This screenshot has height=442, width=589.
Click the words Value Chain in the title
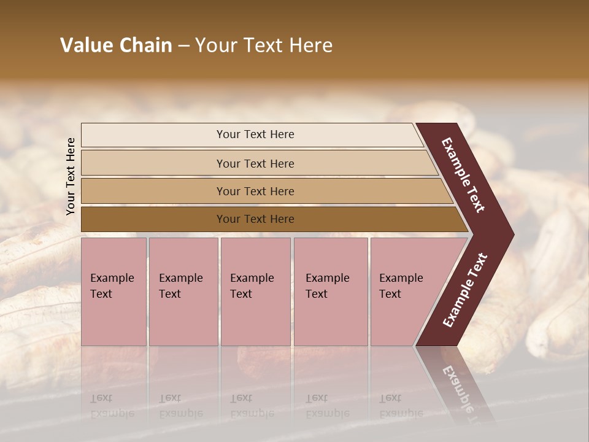point(116,45)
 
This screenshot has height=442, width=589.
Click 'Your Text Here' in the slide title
point(264,45)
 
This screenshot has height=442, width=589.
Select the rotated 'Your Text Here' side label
point(71,176)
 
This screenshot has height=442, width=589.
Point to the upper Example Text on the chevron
point(463,175)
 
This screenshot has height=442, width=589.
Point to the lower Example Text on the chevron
point(464,290)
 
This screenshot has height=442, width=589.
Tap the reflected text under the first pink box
point(112,406)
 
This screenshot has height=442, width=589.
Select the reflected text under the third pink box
point(252,406)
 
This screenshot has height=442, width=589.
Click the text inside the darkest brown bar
point(255,219)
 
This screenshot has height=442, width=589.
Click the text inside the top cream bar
point(255,134)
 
